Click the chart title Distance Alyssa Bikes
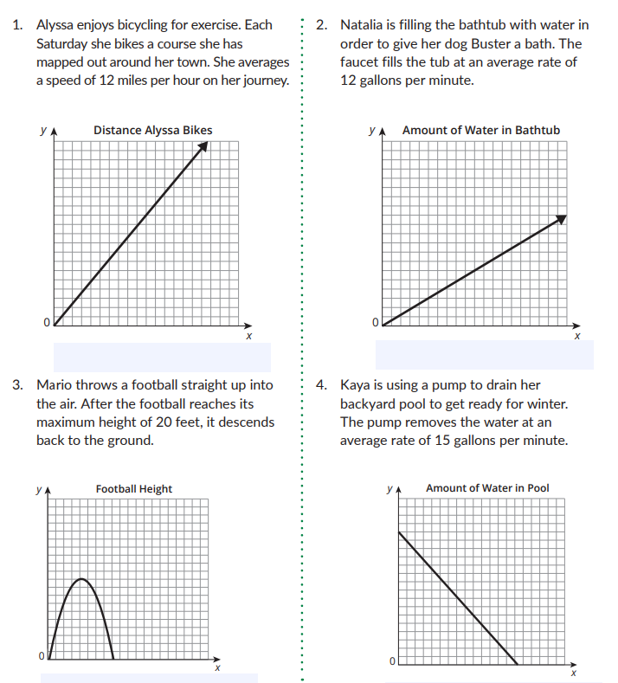pos(152,131)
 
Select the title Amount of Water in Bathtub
pos(480,131)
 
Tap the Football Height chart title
pos(133,489)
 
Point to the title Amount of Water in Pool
pos(487,488)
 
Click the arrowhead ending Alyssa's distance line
pos(203,146)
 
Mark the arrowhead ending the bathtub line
pos(561,220)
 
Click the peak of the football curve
pos(81,578)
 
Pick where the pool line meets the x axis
pos(518,664)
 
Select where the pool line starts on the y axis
pos(399,533)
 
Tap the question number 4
pos(321,384)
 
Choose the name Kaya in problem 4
pos(356,384)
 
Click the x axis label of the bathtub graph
pos(576,336)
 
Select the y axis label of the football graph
pos(39,489)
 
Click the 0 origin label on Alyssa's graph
pos(46,323)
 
